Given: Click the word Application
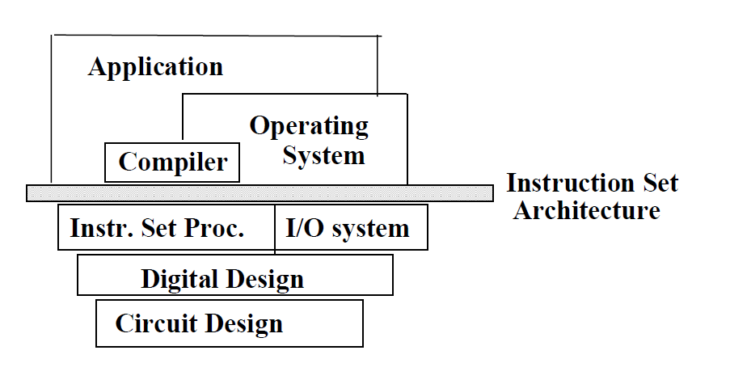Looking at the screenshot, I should tap(155, 66).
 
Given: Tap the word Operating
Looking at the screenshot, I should tap(309, 126).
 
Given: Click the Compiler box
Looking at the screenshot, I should tap(173, 162).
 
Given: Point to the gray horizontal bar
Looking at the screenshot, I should tap(259, 192).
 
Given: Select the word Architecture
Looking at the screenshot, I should tap(587, 211).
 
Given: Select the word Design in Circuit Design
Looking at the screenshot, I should tap(243, 324).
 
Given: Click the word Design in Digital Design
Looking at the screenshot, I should tap(264, 280).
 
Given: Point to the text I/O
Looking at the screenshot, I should tap(302, 228).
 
